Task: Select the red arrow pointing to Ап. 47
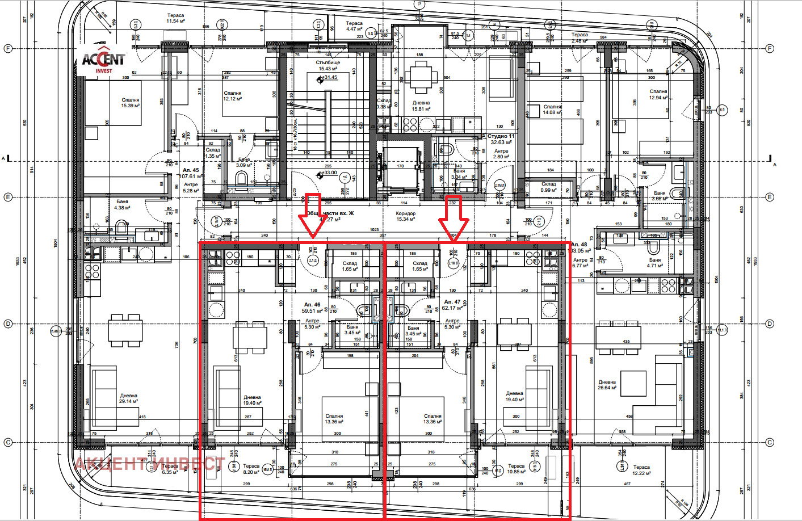[x=453, y=219]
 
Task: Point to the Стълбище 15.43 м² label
[x=327, y=66]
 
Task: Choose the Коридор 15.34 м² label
[x=406, y=216]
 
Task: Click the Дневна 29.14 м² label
[x=128, y=398]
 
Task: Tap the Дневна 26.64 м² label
[x=607, y=385]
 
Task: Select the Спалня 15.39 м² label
[x=130, y=103]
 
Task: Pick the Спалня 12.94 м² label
[x=658, y=94]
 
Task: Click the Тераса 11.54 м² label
[x=175, y=19]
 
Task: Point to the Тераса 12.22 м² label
[x=641, y=470]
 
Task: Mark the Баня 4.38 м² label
[x=122, y=204]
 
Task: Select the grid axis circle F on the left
[x=8, y=49]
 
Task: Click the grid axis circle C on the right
[x=770, y=443]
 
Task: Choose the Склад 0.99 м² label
[x=548, y=187]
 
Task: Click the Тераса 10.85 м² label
[x=516, y=469]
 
